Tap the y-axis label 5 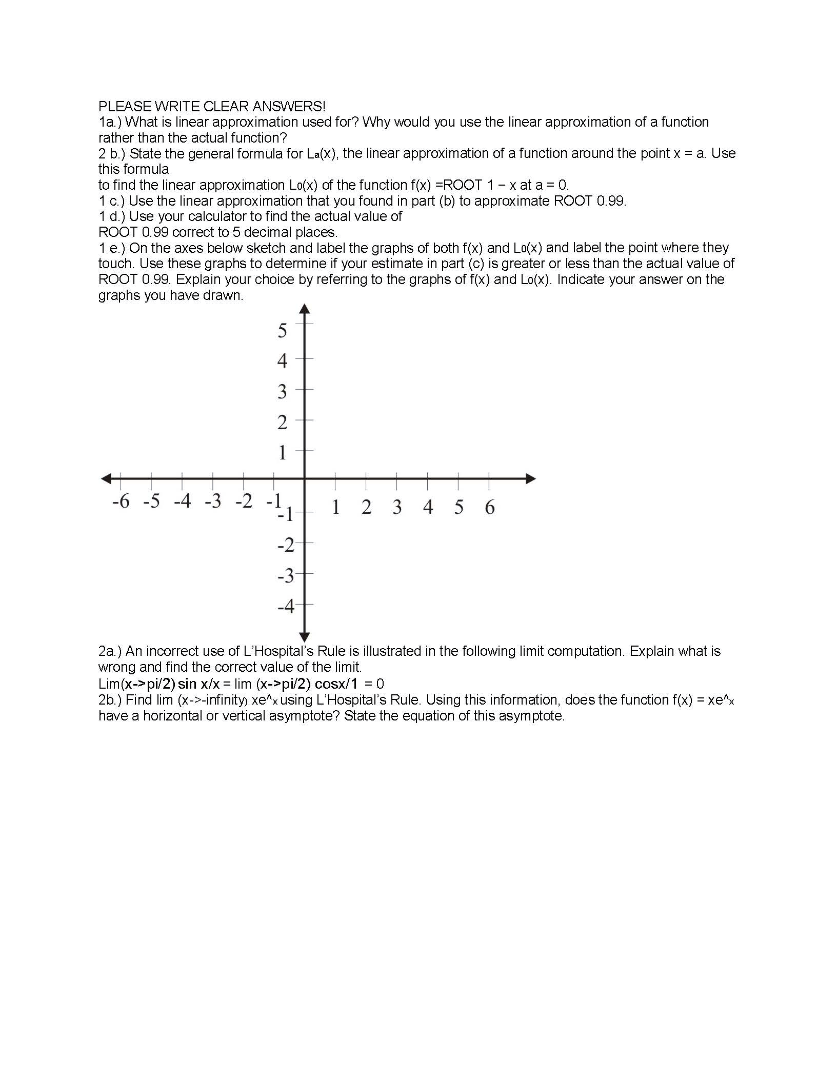pyautogui.click(x=282, y=331)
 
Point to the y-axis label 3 pyautogui.click(x=282, y=392)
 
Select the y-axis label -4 pyautogui.click(x=286, y=607)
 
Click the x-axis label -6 pyautogui.click(x=121, y=501)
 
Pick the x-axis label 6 pyautogui.click(x=490, y=507)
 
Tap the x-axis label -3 pyautogui.click(x=213, y=501)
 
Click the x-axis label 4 pyautogui.click(x=428, y=507)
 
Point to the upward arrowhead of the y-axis pyautogui.click(x=305, y=309)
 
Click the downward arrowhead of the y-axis pyautogui.click(x=305, y=637)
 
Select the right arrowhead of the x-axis pyautogui.click(x=531, y=479)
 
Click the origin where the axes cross pyautogui.click(x=305, y=479)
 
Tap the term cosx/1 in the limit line pyautogui.click(x=337, y=684)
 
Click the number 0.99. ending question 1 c pyautogui.click(x=611, y=201)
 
